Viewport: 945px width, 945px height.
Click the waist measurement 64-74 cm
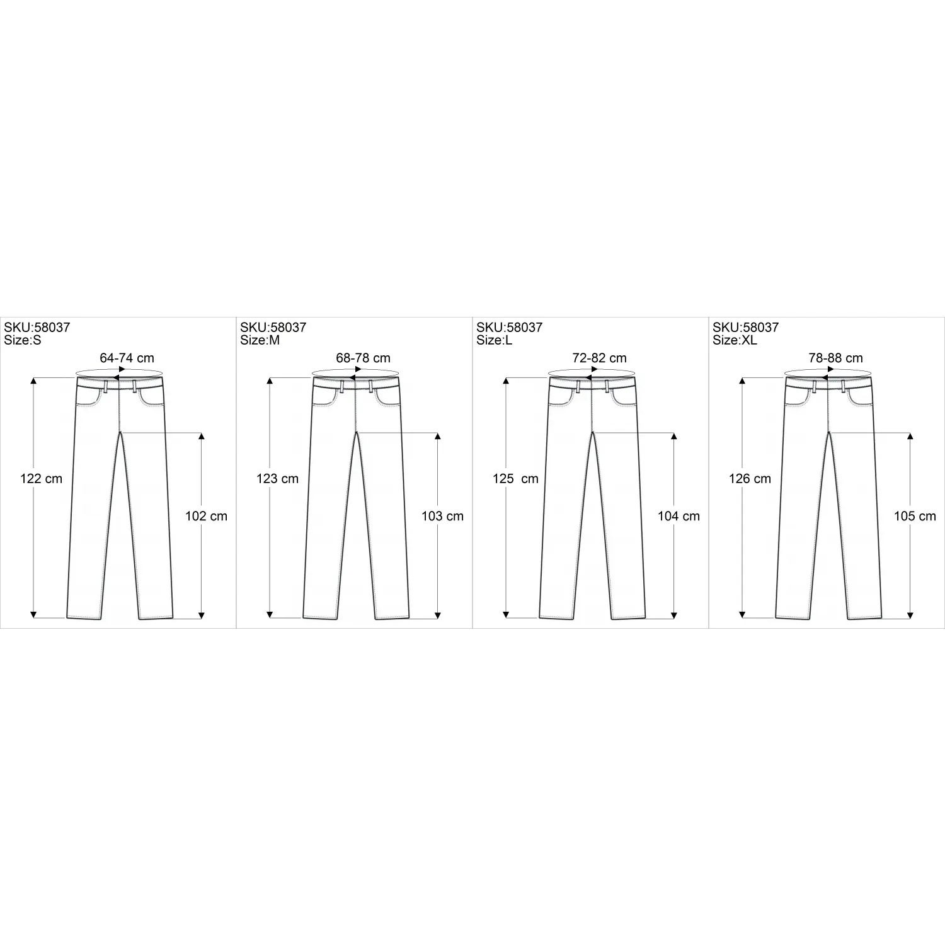pyautogui.click(x=127, y=358)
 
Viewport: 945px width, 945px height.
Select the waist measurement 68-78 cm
pyautogui.click(x=363, y=358)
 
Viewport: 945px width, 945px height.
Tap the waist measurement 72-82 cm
pyautogui.click(x=599, y=358)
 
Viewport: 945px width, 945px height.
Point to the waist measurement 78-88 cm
pyautogui.click(x=835, y=358)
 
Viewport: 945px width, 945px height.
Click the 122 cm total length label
pyautogui.click(x=42, y=479)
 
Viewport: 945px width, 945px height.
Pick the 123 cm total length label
pyautogui.click(x=278, y=479)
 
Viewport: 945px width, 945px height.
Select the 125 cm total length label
pyautogui.click(x=515, y=479)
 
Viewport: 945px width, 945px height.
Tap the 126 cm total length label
pyautogui.click(x=750, y=479)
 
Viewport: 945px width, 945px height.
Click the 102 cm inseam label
pyautogui.click(x=206, y=517)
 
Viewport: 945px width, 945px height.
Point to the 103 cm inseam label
pyautogui.click(x=442, y=517)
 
